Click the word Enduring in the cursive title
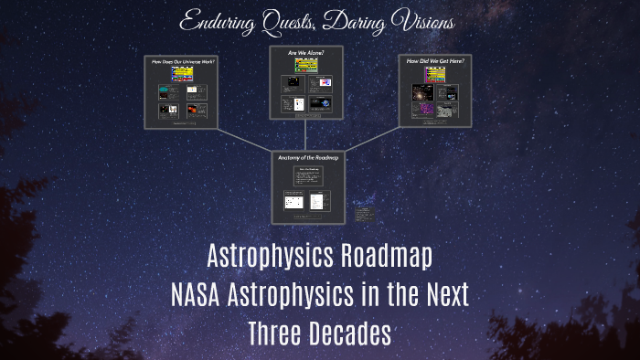coord(218,20)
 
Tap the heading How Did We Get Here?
coord(436,60)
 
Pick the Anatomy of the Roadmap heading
coord(308,158)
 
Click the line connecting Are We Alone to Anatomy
coord(308,133)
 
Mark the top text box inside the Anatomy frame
coord(308,176)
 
